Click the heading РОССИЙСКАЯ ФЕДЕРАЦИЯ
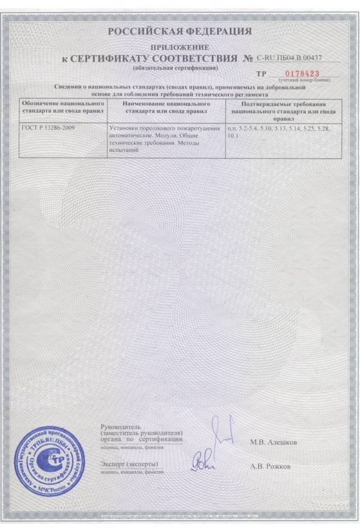(x=179, y=31)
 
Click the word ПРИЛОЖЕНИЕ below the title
(x=179, y=47)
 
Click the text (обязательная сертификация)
(x=175, y=68)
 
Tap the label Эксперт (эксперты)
(x=130, y=464)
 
